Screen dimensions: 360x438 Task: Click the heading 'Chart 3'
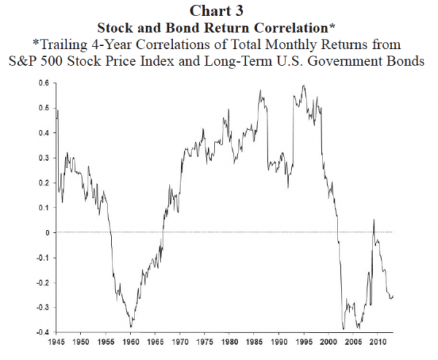point(218,10)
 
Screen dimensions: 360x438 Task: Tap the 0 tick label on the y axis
point(47,232)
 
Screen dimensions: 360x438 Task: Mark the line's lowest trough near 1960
point(131,326)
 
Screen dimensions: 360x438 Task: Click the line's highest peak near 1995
point(304,86)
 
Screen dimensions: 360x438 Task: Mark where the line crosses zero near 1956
point(110,232)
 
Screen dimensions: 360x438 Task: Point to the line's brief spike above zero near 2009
point(374,220)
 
